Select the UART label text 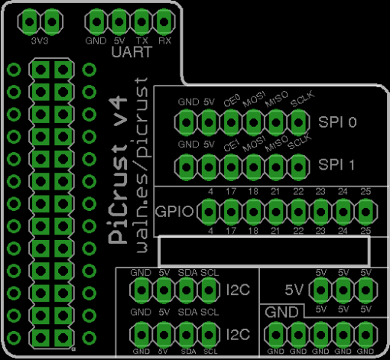click(x=131, y=52)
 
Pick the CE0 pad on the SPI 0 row click(x=231, y=121)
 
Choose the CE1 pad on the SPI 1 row click(x=231, y=164)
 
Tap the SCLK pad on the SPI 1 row click(x=299, y=164)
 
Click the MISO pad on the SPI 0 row click(x=277, y=121)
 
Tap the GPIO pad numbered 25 click(x=366, y=210)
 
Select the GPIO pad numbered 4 click(x=210, y=210)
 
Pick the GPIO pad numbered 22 click(x=298, y=210)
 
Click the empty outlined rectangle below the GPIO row click(x=264, y=249)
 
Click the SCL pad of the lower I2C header click(x=208, y=333)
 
